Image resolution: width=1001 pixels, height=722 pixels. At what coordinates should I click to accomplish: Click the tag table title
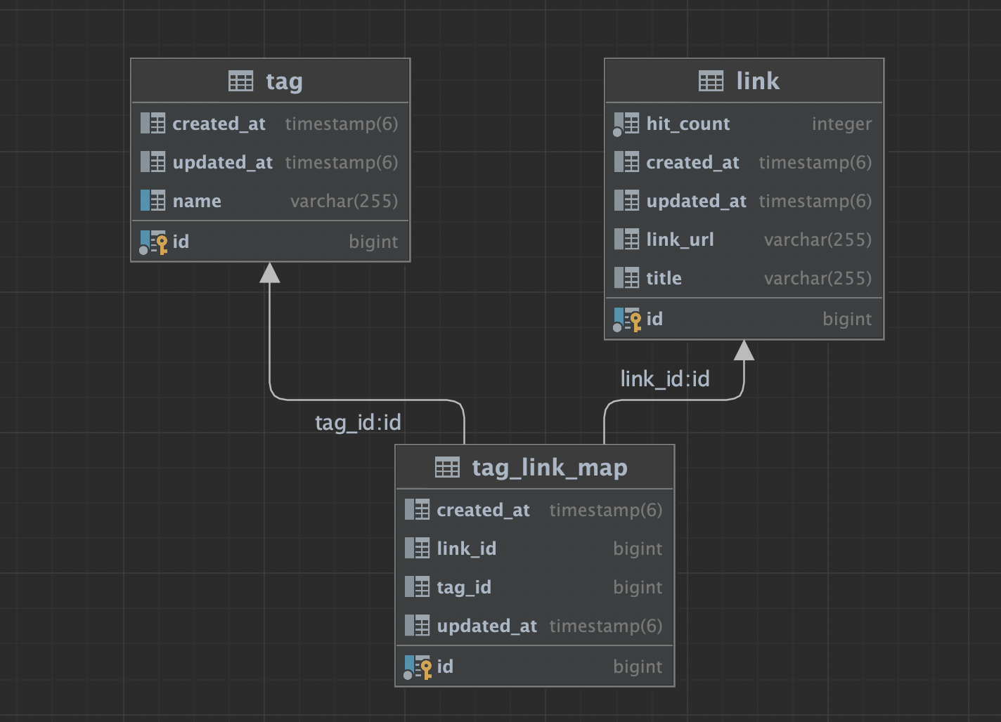pyautogui.click(x=284, y=81)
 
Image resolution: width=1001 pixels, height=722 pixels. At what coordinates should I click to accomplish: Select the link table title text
pyautogui.click(x=758, y=81)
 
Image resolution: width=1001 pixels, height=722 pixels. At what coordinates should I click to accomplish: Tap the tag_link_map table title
pyautogui.click(x=550, y=468)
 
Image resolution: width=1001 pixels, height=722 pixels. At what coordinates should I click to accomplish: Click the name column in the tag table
pyautogui.click(x=197, y=202)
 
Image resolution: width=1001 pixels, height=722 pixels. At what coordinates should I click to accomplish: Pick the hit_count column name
pyautogui.click(x=687, y=124)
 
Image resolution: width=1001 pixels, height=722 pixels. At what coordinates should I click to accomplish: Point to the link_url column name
pyautogui.click(x=680, y=239)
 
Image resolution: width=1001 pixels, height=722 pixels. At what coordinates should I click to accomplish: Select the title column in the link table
pyautogui.click(x=664, y=278)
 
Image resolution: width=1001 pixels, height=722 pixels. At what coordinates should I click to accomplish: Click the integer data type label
pyautogui.click(x=841, y=124)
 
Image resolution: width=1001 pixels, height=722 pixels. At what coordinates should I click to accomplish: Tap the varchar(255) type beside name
pyautogui.click(x=344, y=202)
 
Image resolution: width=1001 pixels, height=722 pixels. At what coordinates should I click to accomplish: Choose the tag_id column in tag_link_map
pyautogui.click(x=464, y=588)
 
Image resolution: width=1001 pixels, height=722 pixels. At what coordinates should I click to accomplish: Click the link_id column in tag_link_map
pyautogui.click(x=466, y=549)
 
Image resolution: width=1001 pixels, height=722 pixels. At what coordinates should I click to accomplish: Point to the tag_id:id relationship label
pyautogui.click(x=358, y=422)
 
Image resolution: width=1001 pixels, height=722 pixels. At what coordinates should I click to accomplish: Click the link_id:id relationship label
pyautogui.click(x=664, y=379)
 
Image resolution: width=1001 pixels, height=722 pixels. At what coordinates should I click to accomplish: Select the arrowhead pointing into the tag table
pyautogui.click(x=269, y=273)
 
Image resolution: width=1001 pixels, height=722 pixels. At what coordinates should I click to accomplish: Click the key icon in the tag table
pyautogui.click(x=162, y=244)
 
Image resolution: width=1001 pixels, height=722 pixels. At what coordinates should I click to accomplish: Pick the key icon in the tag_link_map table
pyautogui.click(x=426, y=670)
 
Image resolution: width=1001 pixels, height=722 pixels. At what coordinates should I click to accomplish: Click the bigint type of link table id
pyautogui.click(x=847, y=320)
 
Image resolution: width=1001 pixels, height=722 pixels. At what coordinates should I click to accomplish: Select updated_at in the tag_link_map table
pyautogui.click(x=486, y=626)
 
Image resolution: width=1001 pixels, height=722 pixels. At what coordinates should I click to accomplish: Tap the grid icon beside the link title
pyautogui.click(x=711, y=81)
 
